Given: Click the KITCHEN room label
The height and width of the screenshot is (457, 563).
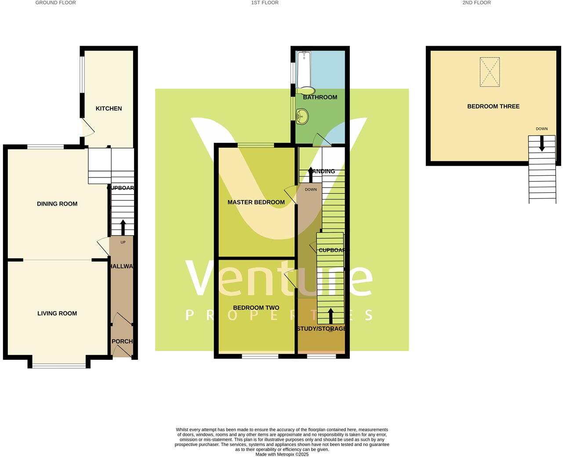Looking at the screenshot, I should point(109,109).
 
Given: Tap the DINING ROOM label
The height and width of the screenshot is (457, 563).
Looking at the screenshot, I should point(57,204).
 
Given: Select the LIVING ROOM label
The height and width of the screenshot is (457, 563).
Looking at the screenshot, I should point(57,313).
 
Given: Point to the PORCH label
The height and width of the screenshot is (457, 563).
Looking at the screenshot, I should point(122,341).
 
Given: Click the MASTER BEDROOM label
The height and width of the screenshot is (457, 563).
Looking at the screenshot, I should point(256,202).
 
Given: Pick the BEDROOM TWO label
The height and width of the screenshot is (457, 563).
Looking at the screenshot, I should point(256,308).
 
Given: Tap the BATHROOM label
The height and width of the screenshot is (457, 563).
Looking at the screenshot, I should point(320,97).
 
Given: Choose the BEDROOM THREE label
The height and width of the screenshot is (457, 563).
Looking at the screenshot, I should point(493,106).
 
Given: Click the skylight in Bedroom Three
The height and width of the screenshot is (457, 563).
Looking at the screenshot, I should point(490,72).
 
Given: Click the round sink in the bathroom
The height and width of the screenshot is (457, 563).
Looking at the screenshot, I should point(302,117).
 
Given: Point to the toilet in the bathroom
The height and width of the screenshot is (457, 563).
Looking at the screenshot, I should point(306,91).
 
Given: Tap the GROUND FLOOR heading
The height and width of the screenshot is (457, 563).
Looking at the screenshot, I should point(55,3).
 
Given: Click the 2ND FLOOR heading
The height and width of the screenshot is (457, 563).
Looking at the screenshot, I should point(476,3).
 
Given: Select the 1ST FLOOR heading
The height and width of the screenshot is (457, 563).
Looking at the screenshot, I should point(265,3).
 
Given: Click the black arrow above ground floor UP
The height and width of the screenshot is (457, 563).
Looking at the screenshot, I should point(123,227).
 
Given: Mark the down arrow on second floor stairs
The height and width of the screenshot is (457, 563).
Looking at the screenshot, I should point(541,143).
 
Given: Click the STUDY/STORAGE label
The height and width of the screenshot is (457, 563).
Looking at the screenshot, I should point(321,329).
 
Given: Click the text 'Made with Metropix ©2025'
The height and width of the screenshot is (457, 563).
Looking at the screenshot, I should point(282,454).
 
